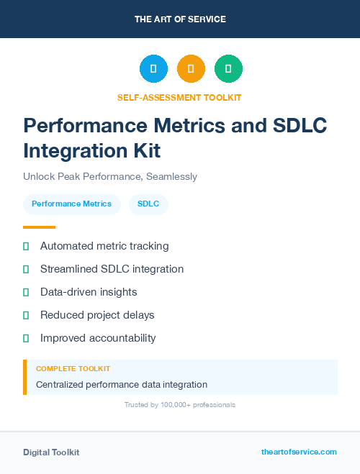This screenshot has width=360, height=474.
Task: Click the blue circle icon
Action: tap(153, 69)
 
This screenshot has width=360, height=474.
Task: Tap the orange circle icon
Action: tap(191, 69)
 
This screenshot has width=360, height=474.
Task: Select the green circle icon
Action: tap(228, 69)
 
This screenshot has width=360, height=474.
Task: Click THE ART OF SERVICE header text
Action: tap(180, 19)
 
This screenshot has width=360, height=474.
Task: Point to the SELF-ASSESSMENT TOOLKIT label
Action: tap(179, 97)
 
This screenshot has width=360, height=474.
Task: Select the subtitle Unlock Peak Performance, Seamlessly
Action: tap(110, 176)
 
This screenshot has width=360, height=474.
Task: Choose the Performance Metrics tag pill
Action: tap(71, 204)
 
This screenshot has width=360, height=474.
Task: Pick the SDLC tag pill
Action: tap(148, 204)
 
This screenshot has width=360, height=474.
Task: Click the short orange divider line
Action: tap(39, 227)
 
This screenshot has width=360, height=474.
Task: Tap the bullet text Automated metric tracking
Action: tap(104, 246)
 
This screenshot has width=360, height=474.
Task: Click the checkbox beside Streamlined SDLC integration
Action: tap(26, 269)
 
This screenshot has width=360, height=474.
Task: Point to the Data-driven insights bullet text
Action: tap(89, 292)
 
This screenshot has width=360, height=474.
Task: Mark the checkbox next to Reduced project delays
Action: tap(26, 315)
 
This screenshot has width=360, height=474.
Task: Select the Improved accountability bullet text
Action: tap(98, 338)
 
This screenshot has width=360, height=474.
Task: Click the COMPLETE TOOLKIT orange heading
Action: tap(73, 368)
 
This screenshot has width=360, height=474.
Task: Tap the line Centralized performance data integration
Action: tap(122, 385)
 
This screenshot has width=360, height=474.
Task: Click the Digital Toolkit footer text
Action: tap(51, 452)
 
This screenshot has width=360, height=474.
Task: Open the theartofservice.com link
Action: tap(299, 452)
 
